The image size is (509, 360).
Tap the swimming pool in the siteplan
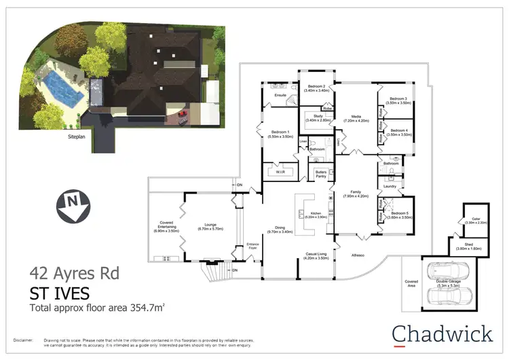click(x=60, y=86)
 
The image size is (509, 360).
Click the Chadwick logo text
click(x=442, y=334)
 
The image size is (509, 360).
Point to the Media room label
click(x=356, y=118)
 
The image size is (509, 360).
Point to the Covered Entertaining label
click(x=166, y=227)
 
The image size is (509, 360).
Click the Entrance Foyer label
click(x=252, y=247)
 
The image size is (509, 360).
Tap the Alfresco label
click(x=357, y=255)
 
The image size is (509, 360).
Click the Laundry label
click(x=390, y=185)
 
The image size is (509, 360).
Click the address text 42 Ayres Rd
click(x=74, y=274)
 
